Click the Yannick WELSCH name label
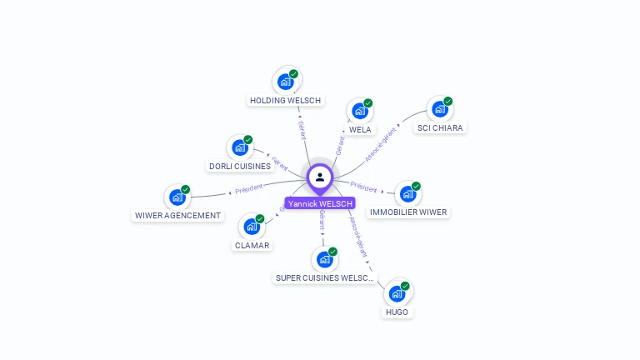(x=320, y=203)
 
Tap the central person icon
(x=320, y=177)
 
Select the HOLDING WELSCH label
(x=285, y=100)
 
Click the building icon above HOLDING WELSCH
(x=285, y=82)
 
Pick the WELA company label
(x=360, y=129)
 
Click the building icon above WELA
(x=359, y=111)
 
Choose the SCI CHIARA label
(x=440, y=127)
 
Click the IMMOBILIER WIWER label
(x=408, y=212)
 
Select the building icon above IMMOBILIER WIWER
(x=407, y=194)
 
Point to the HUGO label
(x=397, y=312)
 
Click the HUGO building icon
(x=397, y=293)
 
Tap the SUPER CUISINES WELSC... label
(x=325, y=277)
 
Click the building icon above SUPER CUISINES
(x=324, y=259)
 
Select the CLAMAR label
(x=252, y=245)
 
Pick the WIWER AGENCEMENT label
(x=178, y=215)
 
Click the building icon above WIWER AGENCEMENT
(x=177, y=197)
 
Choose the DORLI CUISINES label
(x=240, y=166)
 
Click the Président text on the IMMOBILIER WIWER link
(x=363, y=186)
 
